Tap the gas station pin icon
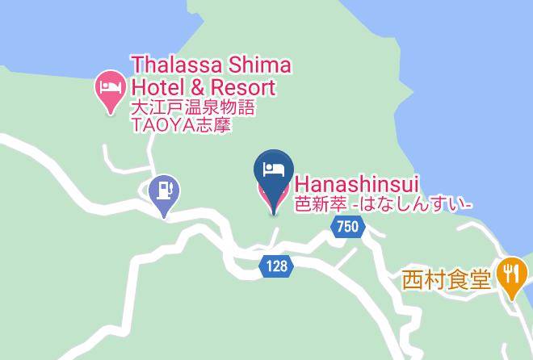click(165, 194)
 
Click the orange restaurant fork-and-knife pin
click(510, 275)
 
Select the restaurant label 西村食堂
click(447, 281)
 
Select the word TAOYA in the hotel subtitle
click(157, 126)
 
